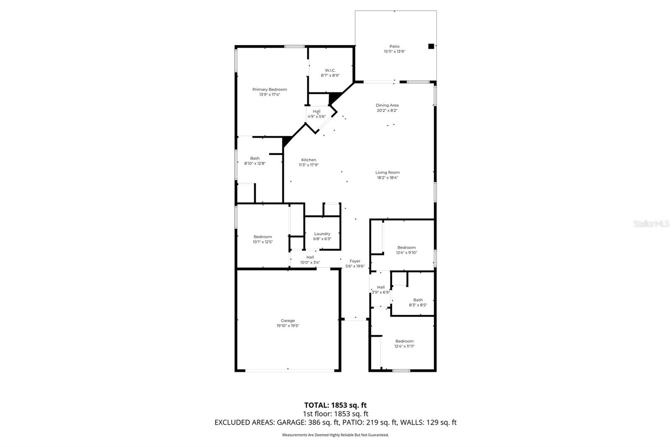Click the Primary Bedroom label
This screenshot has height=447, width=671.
269,89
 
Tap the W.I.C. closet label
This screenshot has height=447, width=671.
330,70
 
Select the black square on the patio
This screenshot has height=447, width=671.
431,46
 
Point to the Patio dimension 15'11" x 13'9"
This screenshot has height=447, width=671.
394,52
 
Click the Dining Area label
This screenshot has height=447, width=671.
387,105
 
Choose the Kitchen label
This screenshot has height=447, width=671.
309,160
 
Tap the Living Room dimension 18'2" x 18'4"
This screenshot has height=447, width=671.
387,177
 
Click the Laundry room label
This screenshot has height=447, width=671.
322,234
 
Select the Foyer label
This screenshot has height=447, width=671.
355,261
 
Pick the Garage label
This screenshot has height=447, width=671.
288,320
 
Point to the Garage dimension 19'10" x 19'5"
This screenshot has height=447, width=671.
288,326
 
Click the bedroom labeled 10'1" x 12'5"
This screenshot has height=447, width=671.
263,239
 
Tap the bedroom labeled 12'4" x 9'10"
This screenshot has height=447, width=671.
406,250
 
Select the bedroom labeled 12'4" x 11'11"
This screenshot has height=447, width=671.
404,344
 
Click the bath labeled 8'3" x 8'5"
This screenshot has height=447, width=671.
418,302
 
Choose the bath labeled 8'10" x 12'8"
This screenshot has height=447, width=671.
255,161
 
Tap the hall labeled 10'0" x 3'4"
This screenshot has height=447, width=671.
310,260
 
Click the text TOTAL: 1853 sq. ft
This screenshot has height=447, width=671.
335,405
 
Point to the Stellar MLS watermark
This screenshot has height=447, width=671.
651,224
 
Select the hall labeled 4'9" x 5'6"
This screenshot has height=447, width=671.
316,114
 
